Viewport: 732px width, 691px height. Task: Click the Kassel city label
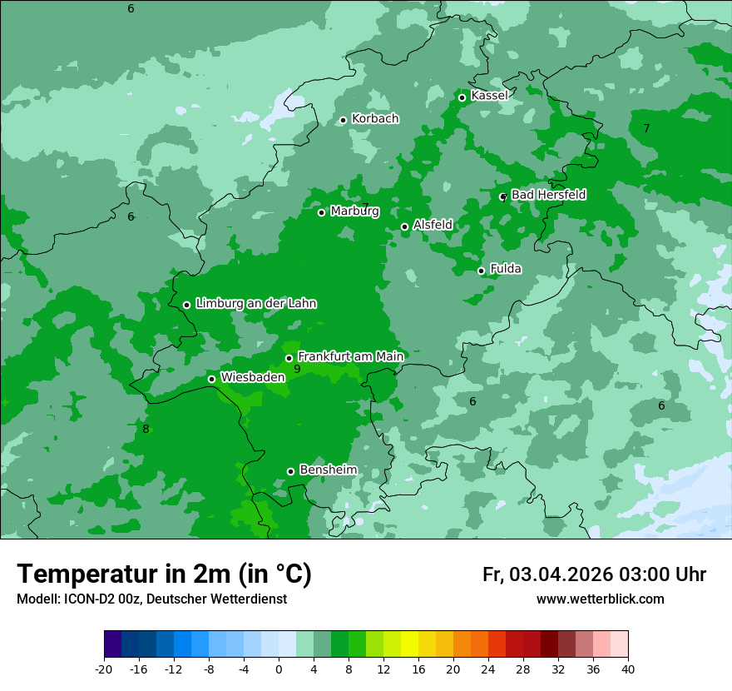[x=489, y=96]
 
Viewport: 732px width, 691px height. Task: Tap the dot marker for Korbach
[x=343, y=120]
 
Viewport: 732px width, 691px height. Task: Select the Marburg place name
[x=354, y=211]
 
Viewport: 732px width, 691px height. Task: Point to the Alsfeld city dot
[x=404, y=226]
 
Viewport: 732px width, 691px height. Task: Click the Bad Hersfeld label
[x=548, y=195]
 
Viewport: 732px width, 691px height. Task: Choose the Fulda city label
[x=506, y=269]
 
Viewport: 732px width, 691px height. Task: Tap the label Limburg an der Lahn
[x=255, y=304]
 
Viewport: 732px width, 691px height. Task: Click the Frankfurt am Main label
[x=350, y=356]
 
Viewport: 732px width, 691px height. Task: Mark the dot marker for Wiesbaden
[x=211, y=379]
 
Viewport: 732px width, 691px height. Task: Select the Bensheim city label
[x=328, y=470]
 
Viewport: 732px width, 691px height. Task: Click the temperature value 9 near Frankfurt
[x=297, y=369]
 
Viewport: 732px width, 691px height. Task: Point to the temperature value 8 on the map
[x=146, y=430]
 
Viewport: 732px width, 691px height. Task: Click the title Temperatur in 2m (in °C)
[x=165, y=574]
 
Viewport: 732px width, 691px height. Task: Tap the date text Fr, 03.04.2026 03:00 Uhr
[x=594, y=574]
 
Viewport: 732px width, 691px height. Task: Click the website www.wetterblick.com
[x=600, y=599]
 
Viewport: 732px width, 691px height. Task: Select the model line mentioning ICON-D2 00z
[x=151, y=599]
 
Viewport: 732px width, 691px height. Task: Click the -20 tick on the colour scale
[x=104, y=669]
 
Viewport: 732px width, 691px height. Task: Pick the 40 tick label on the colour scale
[x=627, y=669]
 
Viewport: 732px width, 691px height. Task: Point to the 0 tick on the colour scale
[x=279, y=669]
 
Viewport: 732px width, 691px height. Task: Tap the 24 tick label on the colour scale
[x=487, y=669]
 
